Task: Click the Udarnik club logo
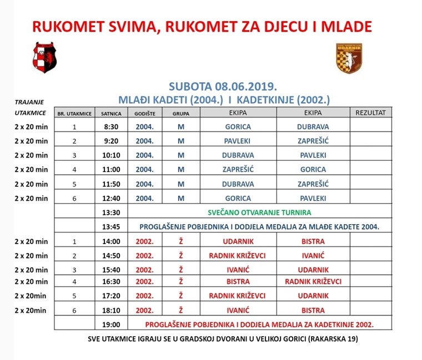click(x=349, y=58)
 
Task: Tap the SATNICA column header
click(x=112, y=113)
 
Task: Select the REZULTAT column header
click(x=370, y=113)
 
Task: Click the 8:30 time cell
click(x=112, y=126)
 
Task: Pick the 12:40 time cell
click(x=112, y=198)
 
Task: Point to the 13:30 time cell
click(x=112, y=212)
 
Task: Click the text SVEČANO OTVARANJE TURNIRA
click(x=259, y=212)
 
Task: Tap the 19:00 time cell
click(x=112, y=323)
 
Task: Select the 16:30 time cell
click(x=112, y=281)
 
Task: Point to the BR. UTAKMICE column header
click(x=74, y=113)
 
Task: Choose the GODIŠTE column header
click(x=145, y=113)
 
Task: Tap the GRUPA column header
click(x=180, y=113)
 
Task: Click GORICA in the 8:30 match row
click(x=238, y=126)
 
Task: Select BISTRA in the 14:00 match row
click(x=313, y=241)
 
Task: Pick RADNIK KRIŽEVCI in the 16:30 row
click(x=313, y=281)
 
